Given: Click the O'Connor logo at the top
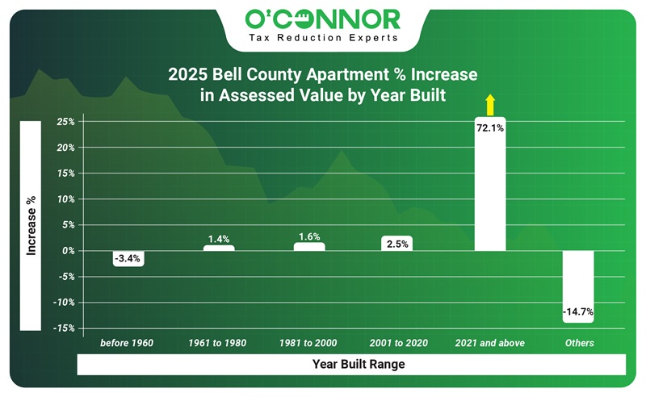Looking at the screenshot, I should coord(322,18).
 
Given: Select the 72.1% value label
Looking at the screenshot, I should coord(490,127).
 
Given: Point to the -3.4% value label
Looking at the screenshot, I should coord(128,259).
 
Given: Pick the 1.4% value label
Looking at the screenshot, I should coord(219,239).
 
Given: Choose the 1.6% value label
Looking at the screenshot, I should coord(309,237).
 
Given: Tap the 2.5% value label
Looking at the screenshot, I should coord(397,243).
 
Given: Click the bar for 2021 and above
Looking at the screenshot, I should coord(490,194).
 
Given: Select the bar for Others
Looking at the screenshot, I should coord(579,278).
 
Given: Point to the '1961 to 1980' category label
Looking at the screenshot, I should coord(218,343).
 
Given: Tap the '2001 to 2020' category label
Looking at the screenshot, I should coord(397,343).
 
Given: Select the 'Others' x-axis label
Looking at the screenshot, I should coord(579,343).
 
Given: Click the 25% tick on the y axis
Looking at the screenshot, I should coord(66,123).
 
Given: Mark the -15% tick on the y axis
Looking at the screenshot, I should coord(65,328).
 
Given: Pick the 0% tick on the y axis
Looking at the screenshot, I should coord(69,251).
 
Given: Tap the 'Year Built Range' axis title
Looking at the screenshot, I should coord(359,365).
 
